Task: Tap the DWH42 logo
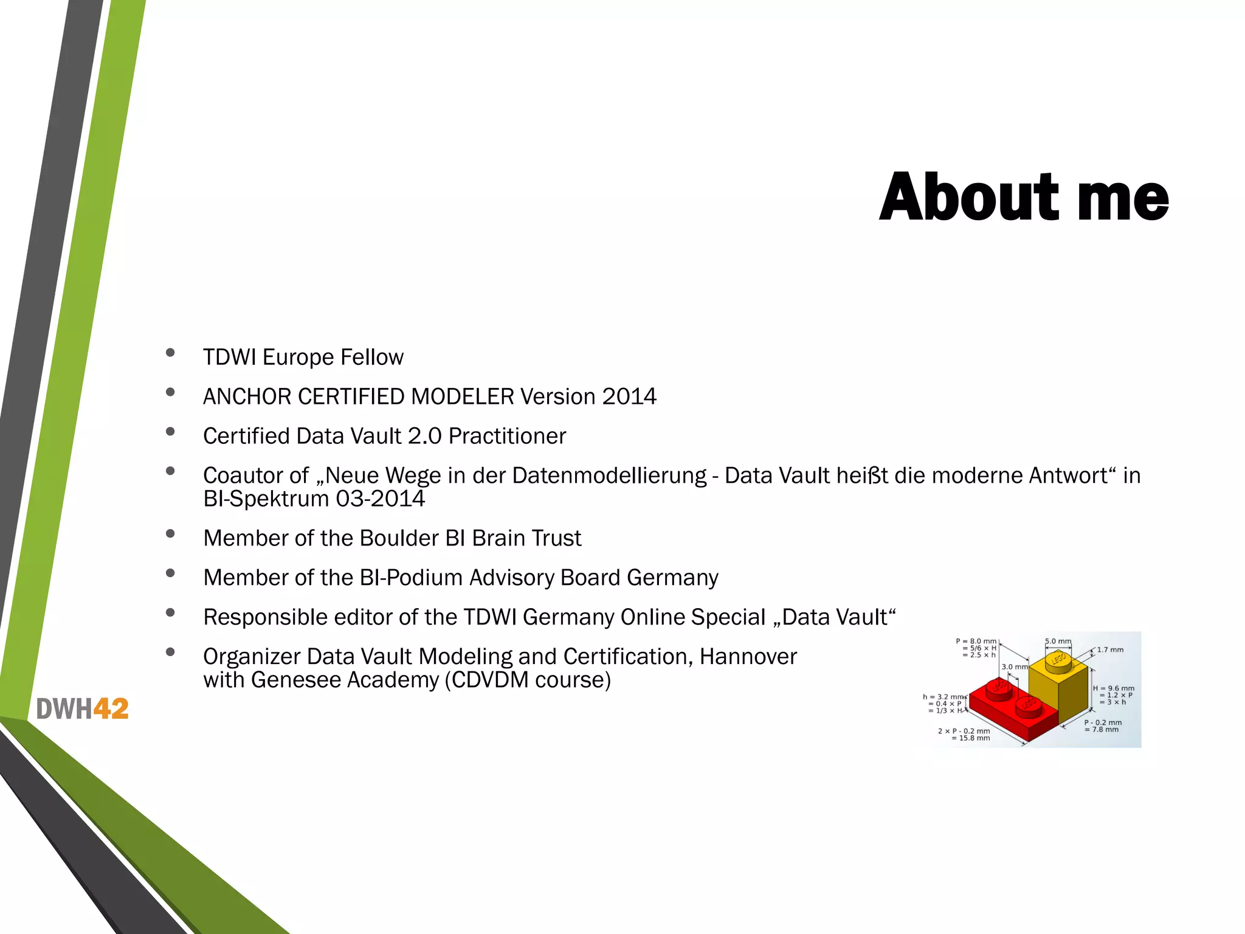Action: pos(82,709)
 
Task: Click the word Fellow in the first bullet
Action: pos(371,357)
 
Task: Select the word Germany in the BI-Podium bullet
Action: pos(672,578)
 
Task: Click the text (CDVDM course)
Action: pos(527,680)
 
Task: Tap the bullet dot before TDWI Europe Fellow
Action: pos(170,353)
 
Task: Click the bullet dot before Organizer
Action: pos(170,652)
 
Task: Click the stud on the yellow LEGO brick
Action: pos(1058,660)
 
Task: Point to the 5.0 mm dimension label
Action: pos(1058,641)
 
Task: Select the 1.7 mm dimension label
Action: pos(1110,649)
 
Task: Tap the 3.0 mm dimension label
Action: pos(1013,667)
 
